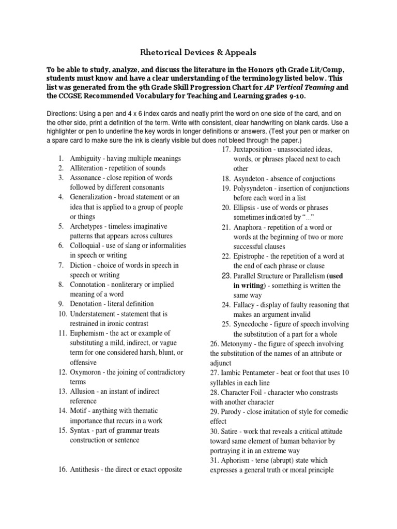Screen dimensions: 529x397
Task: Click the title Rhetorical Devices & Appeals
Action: click(x=198, y=52)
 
